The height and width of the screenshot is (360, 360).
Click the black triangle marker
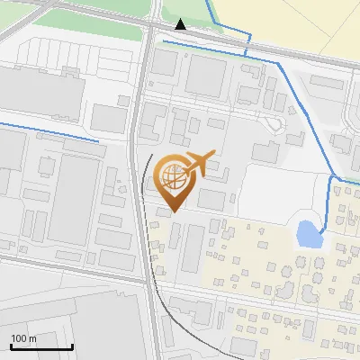[x=181, y=24]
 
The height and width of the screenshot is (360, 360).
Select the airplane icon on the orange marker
[x=200, y=164]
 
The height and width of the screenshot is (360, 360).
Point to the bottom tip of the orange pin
[x=172, y=211]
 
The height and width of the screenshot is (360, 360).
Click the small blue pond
[x=308, y=235]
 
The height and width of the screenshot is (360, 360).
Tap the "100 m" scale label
[x=23, y=338]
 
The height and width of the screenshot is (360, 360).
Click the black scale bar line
[x=41, y=346]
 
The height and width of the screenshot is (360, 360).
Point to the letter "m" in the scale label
[x=31, y=338]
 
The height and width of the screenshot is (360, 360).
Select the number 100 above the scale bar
[x=18, y=338]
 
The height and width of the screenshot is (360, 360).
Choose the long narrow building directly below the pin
[x=191, y=249]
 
